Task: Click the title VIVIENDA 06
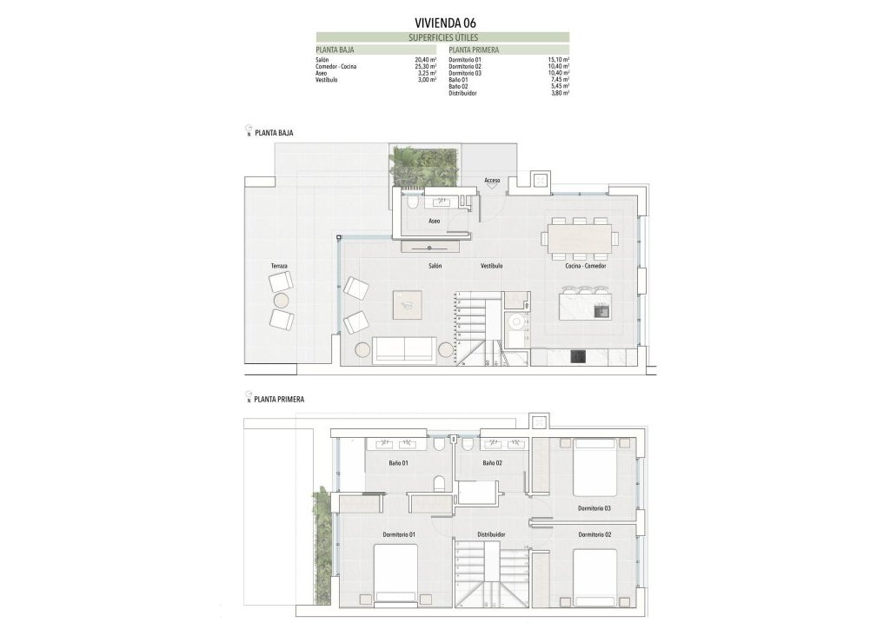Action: click(x=445, y=23)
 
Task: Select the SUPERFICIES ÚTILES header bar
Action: click(x=443, y=38)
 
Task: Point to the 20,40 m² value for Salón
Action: click(x=425, y=59)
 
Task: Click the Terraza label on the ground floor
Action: click(x=279, y=265)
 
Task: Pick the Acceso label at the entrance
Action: click(x=493, y=181)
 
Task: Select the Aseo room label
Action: click(x=435, y=222)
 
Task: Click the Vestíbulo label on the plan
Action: click(x=492, y=265)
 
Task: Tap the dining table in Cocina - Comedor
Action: click(x=580, y=236)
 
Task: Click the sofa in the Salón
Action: click(x=404, y=349)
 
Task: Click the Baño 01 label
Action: click(x=400, y=463)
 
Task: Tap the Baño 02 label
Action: click(x=493, y=463)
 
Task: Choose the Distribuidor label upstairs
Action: click(x=492, y=534)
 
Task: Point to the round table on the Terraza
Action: click(x=282, y=301)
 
